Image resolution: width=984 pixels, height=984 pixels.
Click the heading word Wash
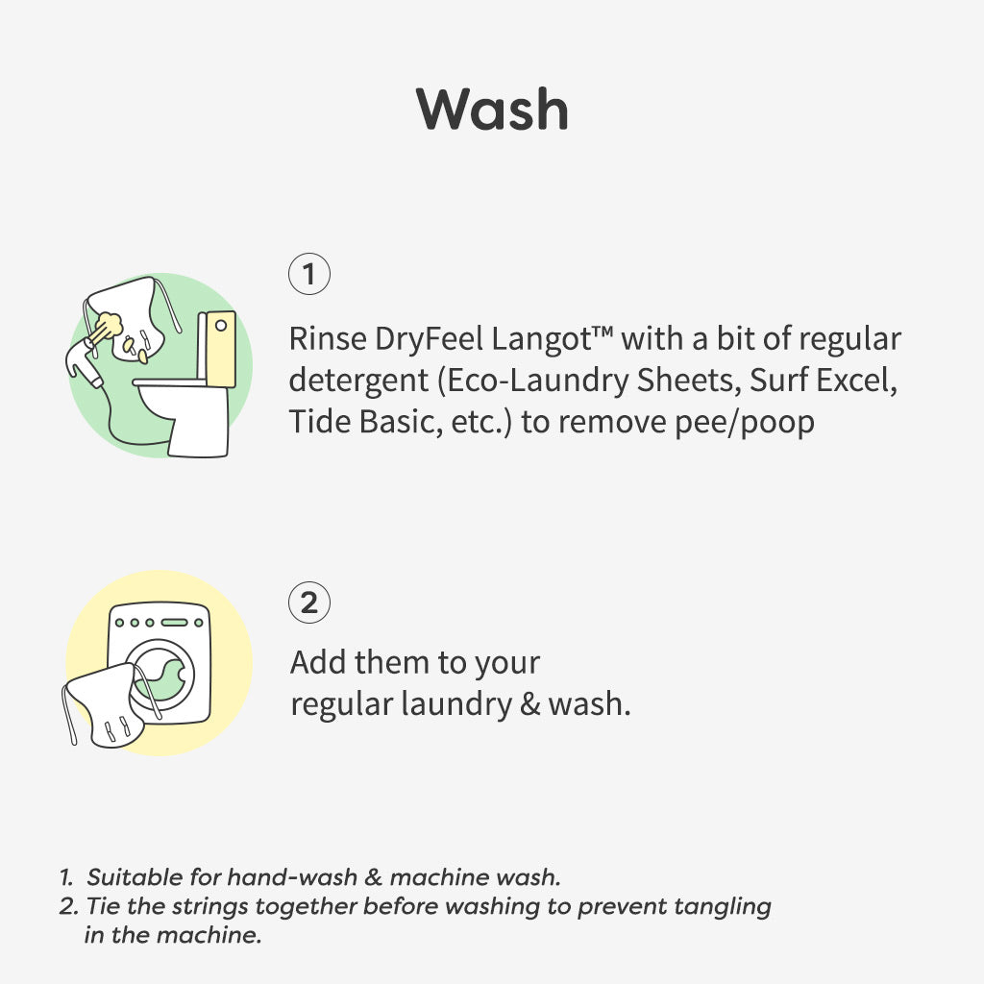pos(492,110)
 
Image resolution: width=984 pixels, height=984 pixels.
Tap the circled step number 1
pos(308,274)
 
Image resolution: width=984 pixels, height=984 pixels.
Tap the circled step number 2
pos(308,603)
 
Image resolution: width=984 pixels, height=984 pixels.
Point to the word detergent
pos(357,381)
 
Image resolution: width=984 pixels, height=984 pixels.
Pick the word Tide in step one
pos(320,421)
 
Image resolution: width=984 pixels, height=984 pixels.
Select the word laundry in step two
pos(455,704)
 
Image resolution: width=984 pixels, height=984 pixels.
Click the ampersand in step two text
pos(530,704)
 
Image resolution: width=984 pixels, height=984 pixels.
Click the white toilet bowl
pos(182,415)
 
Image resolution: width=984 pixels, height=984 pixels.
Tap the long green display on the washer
pos(175,623)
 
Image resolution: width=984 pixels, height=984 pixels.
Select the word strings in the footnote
pos(210,907)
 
